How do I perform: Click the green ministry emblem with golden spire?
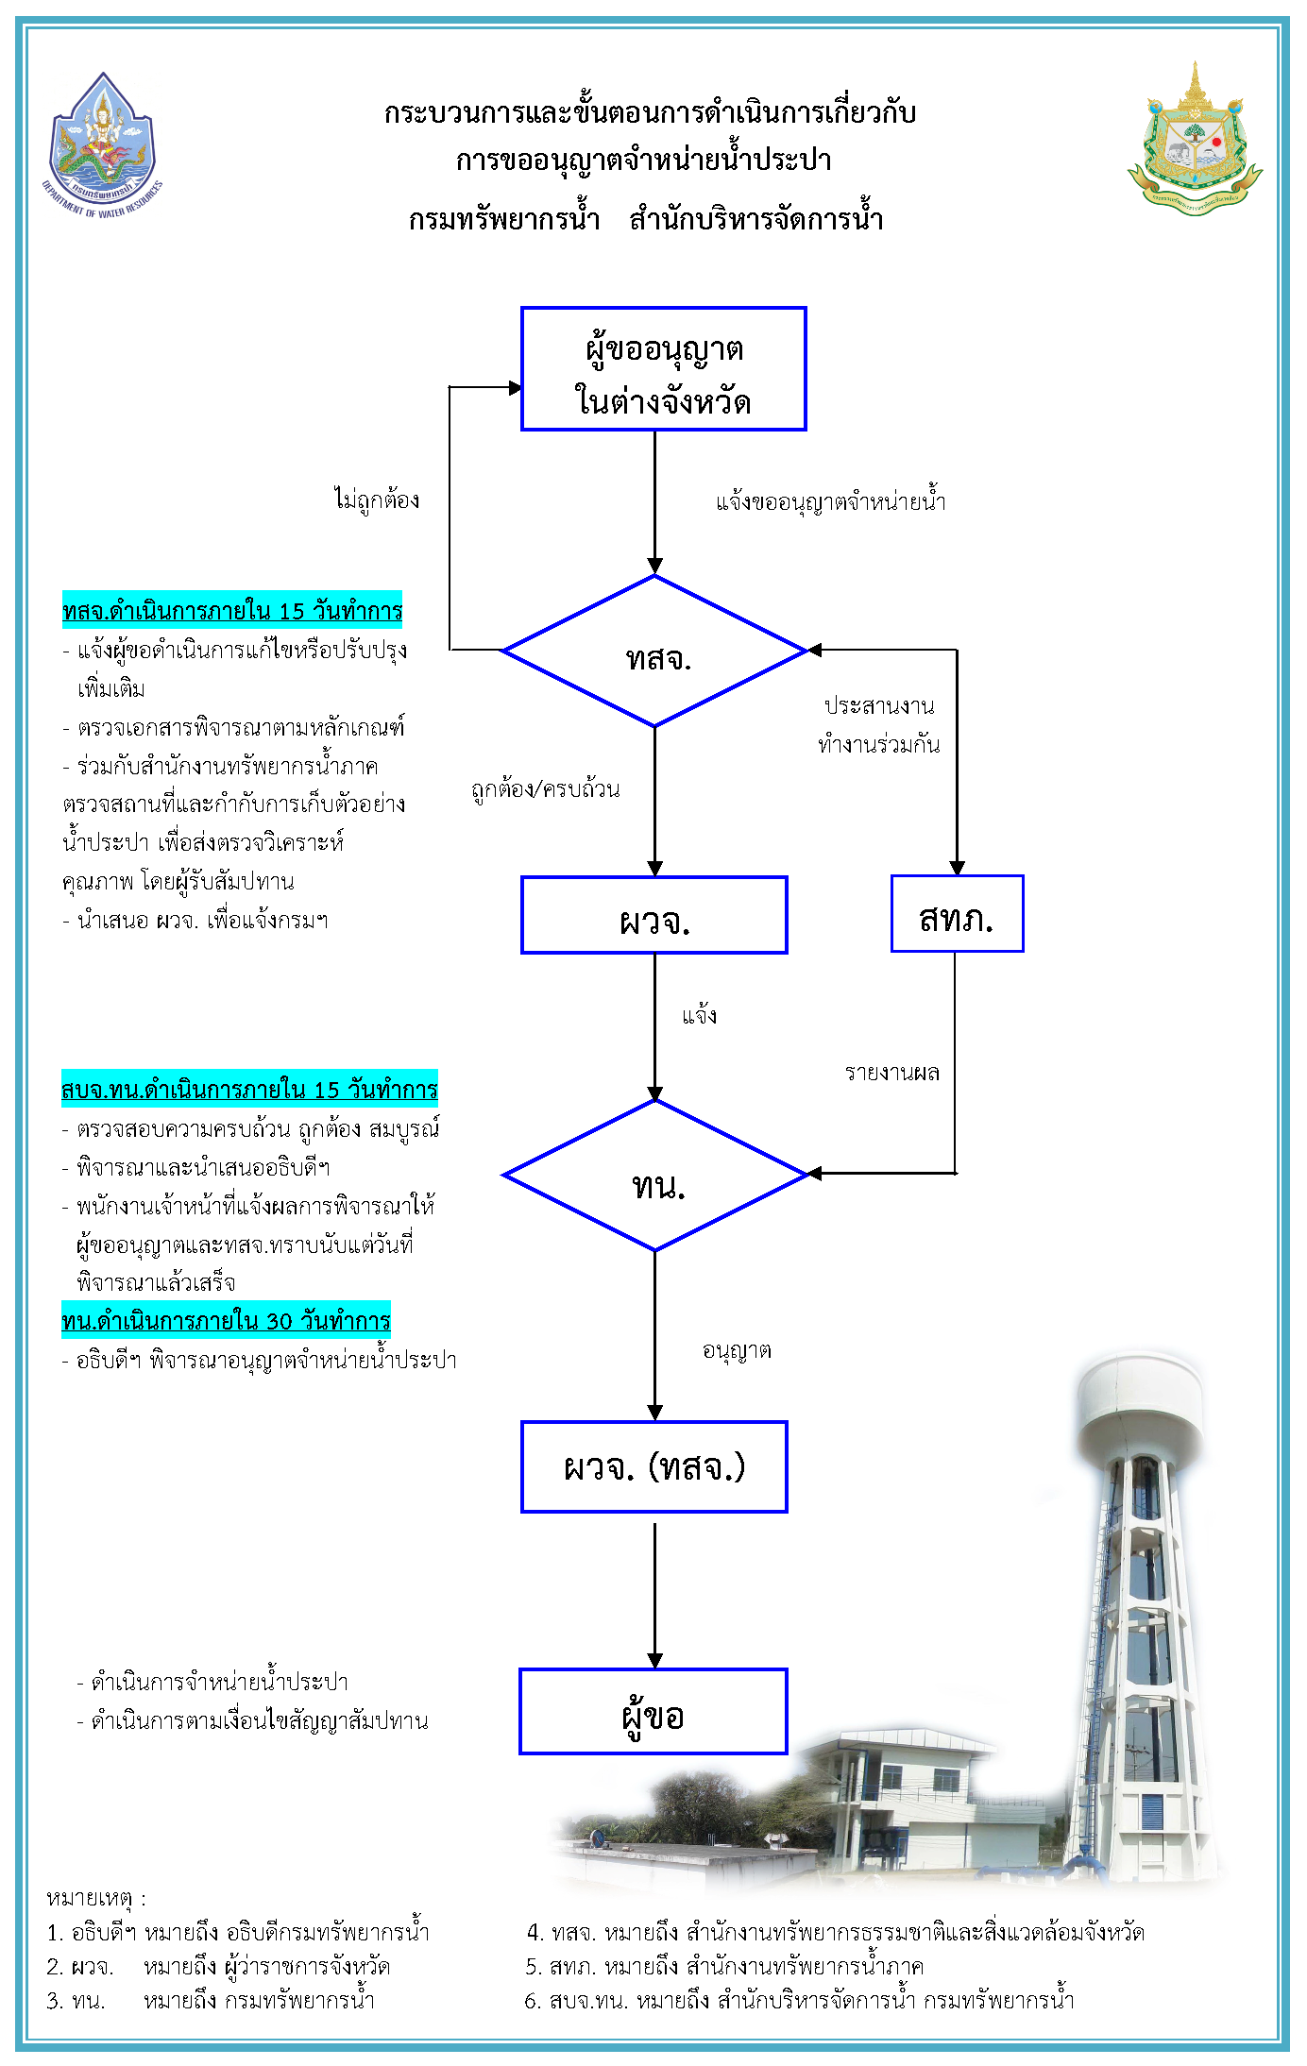coord(1195,142)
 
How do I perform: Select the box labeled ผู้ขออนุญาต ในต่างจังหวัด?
coord(663,369)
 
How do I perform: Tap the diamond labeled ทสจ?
coord(655,652)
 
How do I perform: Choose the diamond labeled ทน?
coord(655,1177)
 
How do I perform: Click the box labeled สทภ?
coord(957,914)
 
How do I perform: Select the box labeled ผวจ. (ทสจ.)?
coord(653,1466)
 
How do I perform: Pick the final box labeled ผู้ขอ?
coord(653,1712)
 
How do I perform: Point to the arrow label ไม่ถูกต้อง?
coord(377,499)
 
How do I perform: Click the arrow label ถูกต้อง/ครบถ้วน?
coord(546,789)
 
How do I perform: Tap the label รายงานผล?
coord(891,1073)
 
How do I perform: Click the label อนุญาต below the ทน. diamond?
coord(737,1351)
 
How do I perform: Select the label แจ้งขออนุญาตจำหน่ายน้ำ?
coord(830,500)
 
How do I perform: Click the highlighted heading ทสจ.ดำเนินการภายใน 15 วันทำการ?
coord(232,611)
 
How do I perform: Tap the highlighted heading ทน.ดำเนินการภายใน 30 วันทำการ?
coord(226,1320)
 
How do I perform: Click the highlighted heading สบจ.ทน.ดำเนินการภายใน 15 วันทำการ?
coord(249,1090)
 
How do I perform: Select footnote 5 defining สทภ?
coord(724,1967)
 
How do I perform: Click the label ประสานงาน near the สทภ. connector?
coord(878,706)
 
